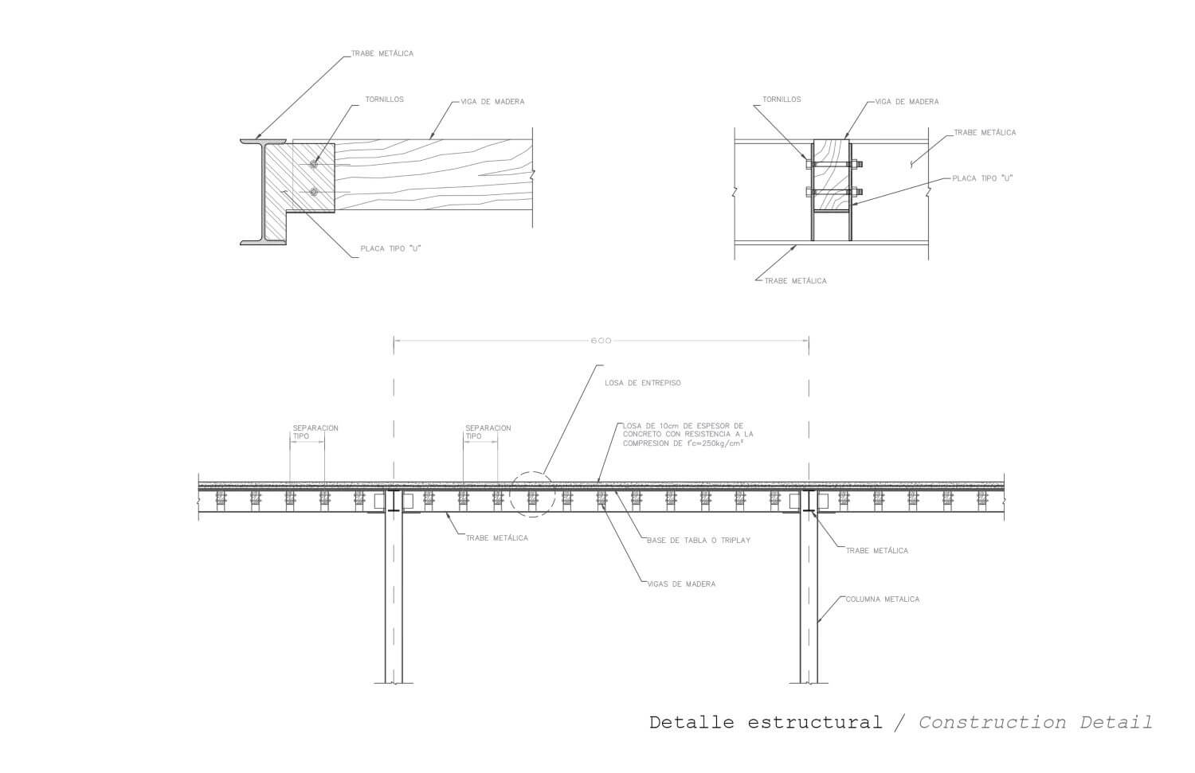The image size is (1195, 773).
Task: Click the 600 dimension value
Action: tap(601, 341)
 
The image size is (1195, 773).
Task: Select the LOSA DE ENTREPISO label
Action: tap(643, 383)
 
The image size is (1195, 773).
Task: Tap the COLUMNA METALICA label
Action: tap(883, 599)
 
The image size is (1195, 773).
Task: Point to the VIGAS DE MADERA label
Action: tap(681, 584)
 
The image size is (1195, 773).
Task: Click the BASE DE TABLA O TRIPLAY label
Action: tap(699, 541)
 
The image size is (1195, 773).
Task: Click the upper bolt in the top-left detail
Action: tap(314, 164)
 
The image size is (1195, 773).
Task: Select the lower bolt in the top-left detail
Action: tap(314, 192)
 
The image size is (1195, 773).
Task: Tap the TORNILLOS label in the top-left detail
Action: tap(384, 100)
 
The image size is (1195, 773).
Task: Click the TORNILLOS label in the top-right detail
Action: tap(782, 100)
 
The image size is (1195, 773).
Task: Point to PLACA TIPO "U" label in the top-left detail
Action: tap(390, 248)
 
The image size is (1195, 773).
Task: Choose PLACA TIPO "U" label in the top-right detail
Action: tap(982, 178)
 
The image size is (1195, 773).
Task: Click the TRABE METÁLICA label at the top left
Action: tap(382, 53)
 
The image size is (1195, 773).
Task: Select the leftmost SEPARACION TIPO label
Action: tap(315, 431)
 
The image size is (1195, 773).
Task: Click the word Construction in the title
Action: tap(993, 722)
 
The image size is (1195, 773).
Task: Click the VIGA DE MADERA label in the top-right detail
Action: tap(907, 102)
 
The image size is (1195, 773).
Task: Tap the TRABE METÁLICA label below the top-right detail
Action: tap(795, 281)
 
